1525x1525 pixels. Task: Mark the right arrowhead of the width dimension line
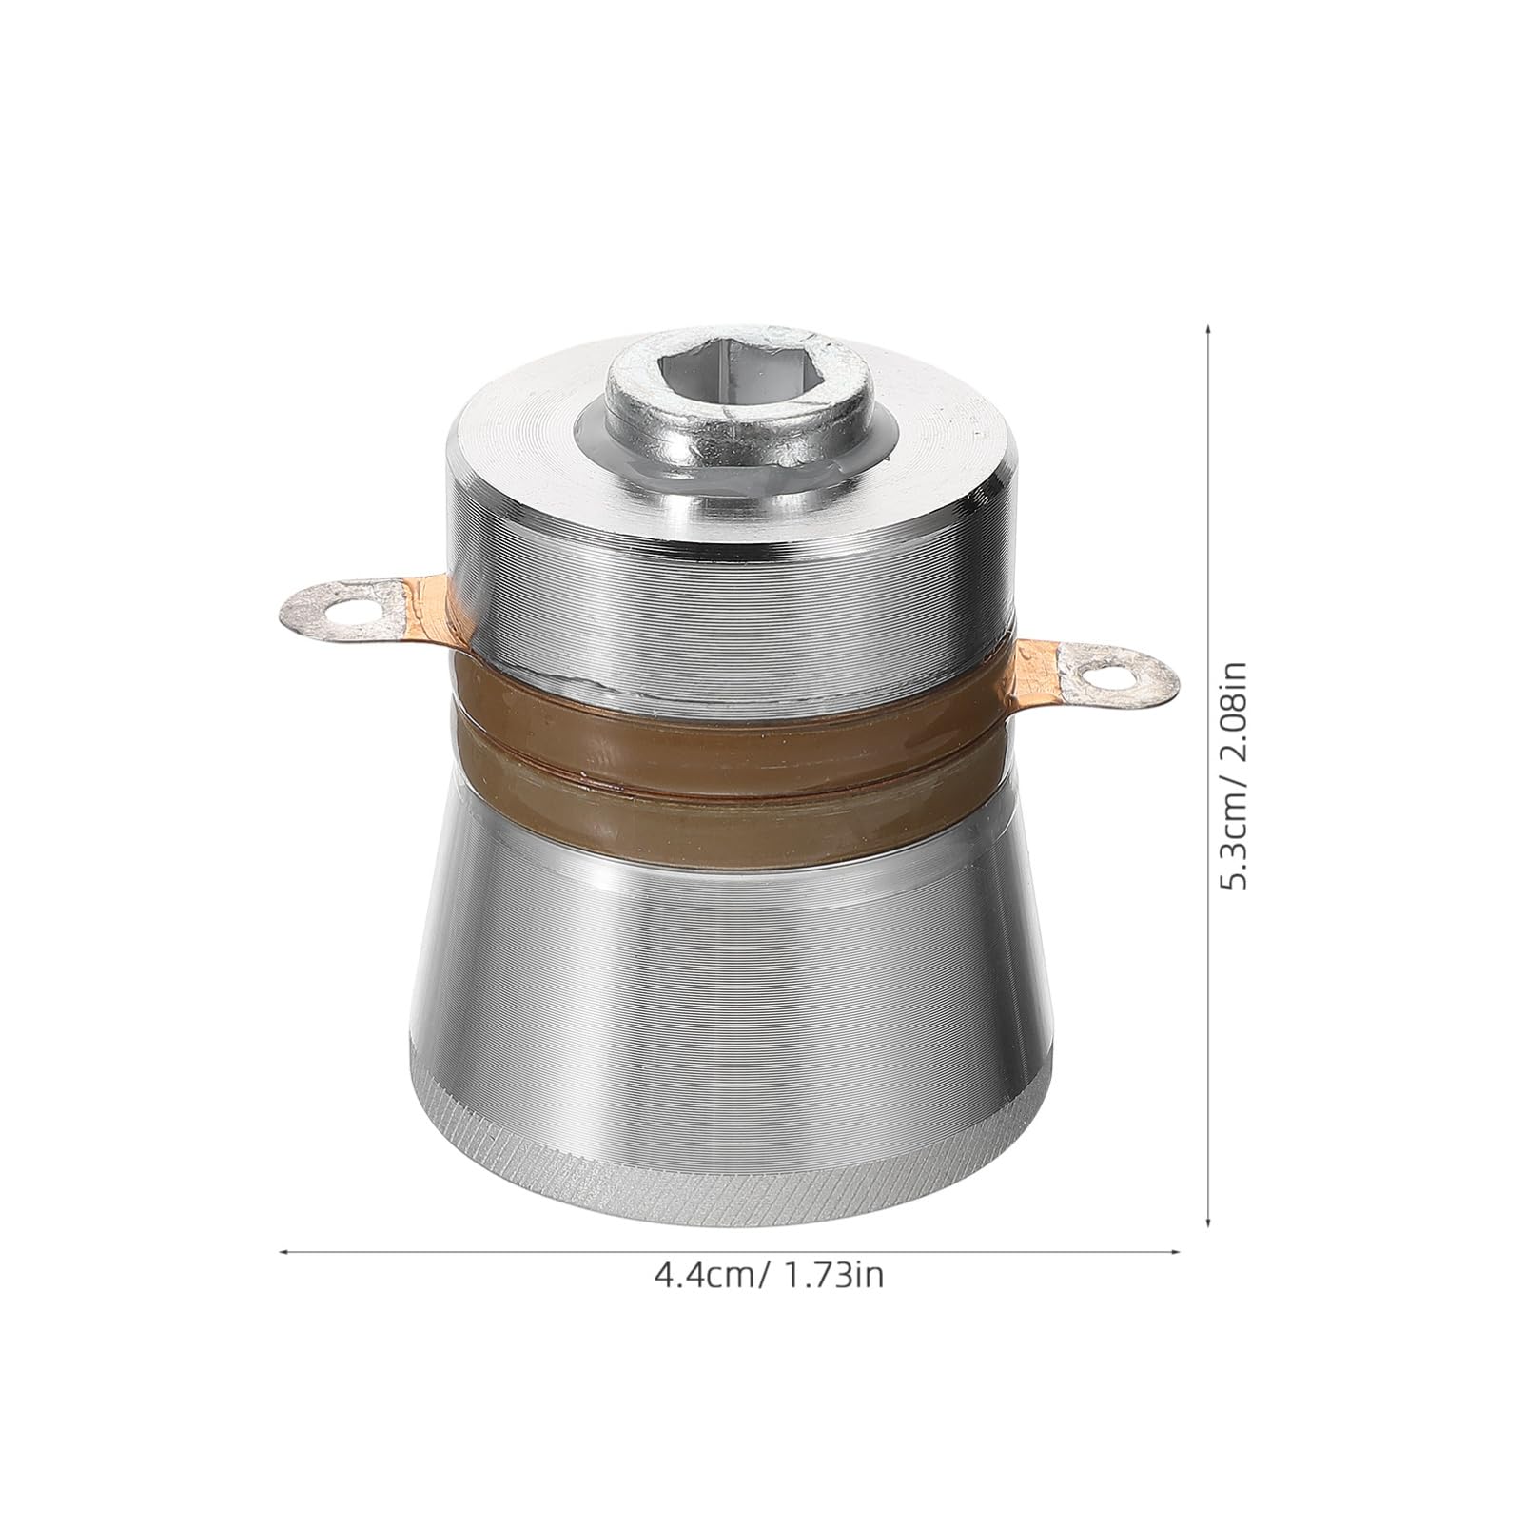pos(1177,1252)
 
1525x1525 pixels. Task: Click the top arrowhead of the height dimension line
pos(1208,328)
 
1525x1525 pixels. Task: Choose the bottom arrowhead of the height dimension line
pos(1208,1221)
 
